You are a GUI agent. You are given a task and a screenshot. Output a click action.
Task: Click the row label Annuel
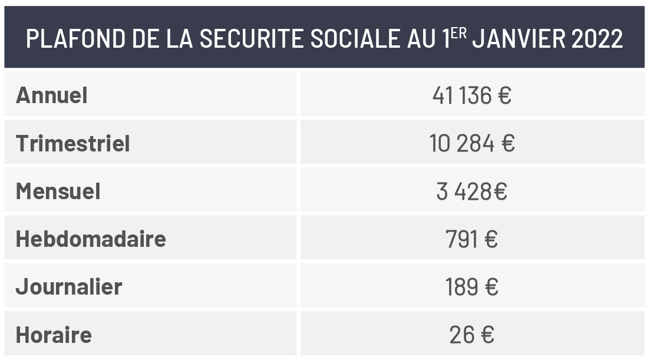(x=52, y=95)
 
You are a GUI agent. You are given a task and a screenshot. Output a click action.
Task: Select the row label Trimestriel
(x=73, y=143)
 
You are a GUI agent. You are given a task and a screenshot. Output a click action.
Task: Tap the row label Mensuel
(x=58, y=191)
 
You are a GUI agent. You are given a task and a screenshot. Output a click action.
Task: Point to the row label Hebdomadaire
(x=91, y=239)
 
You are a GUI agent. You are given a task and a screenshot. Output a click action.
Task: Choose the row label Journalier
(x=69, y=287)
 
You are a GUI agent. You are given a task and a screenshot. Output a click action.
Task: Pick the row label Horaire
(x=54, y=335)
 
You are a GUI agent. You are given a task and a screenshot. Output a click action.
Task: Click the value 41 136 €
(x=471, y=95)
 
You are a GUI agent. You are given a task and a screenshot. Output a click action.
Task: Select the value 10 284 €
(x=471, y=143)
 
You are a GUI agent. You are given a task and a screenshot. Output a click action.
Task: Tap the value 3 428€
(x=471, y=191)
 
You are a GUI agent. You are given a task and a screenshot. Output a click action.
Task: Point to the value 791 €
(x=471, y=239)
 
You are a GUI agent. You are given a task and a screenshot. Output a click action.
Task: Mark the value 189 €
(x=471, y=287)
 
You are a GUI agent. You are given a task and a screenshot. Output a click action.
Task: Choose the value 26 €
(x=471, y=335)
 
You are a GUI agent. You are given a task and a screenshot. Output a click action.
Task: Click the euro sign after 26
(x=486, y=335)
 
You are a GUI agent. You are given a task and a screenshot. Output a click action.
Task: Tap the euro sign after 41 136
(x=504, y=95)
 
